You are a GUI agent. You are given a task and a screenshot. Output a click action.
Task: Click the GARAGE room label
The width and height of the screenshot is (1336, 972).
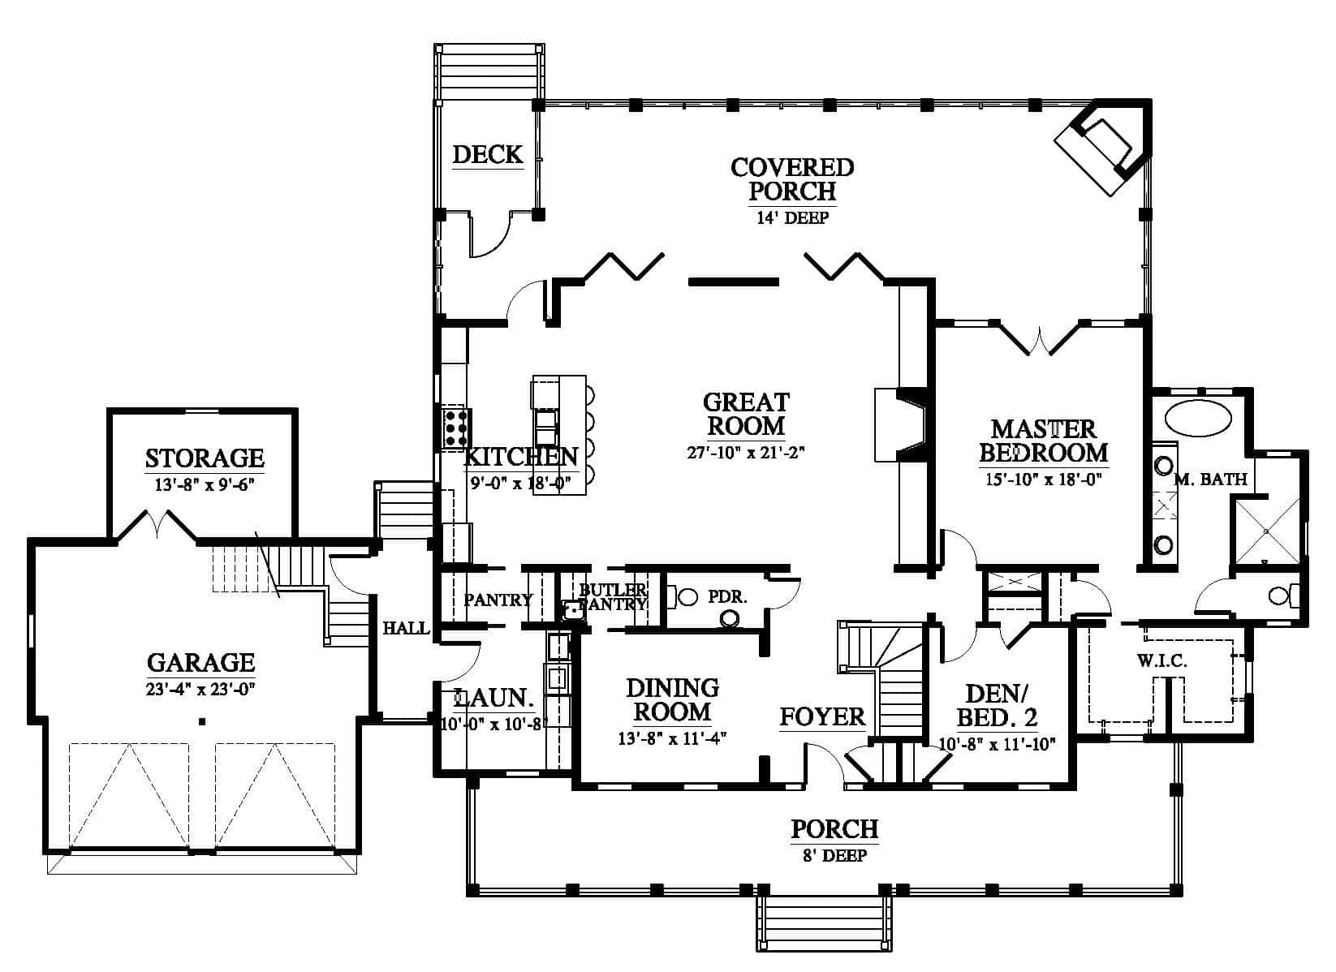tap(200, 663)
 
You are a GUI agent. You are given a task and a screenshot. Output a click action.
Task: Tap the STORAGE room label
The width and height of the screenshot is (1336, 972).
tap(205, 458)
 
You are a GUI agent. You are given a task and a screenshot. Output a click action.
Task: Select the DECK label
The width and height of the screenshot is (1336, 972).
tap(487, 154)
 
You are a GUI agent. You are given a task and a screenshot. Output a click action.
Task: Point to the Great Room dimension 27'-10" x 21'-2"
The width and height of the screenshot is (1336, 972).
tap(746, 453)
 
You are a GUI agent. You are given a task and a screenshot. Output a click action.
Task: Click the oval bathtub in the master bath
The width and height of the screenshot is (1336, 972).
tap(1198, 418)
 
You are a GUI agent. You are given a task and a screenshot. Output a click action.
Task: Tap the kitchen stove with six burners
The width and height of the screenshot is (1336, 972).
tap(456, 428)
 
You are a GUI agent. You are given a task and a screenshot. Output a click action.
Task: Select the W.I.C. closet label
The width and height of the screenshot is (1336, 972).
tap(1161, 660)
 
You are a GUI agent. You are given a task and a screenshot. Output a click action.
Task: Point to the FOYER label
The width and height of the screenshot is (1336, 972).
tap(822, 716)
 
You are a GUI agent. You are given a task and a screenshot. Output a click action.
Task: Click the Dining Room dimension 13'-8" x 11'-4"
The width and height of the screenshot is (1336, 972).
tap(672, 738)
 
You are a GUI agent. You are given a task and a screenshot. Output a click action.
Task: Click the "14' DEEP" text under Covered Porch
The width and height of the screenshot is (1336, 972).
tap(793, 217)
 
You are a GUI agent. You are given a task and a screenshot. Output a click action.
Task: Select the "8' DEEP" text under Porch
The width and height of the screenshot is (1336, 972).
tap(834, 856)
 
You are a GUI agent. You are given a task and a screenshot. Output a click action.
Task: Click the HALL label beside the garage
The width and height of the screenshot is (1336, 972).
tap(406, 628)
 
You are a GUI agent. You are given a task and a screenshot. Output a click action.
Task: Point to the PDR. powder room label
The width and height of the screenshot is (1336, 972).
tap(727, 596)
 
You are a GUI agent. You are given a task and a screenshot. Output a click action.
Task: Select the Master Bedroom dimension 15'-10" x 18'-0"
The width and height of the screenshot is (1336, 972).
tap(1043, 479)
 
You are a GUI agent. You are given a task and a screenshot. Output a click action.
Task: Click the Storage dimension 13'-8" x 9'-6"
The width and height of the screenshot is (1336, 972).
tap(205, 484)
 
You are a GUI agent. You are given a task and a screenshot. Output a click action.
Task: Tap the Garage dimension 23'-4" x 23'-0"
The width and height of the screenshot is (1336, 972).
tap(200, 690)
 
